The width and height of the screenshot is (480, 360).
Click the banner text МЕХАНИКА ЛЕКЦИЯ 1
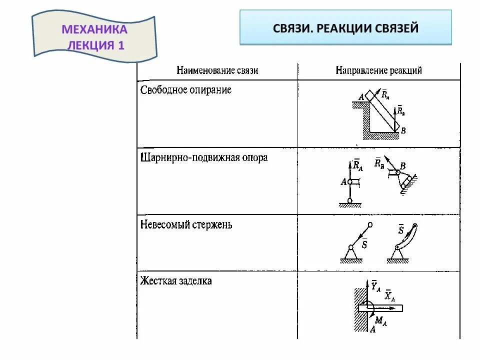pos(94,37)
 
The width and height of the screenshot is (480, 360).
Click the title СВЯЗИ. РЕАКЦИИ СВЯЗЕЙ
pos(345,28)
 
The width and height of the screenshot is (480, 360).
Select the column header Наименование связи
pos(217,70)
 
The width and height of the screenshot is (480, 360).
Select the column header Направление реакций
pos(378,70)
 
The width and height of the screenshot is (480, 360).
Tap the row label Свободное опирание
pos(185,90)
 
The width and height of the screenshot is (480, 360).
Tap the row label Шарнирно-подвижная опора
pos(204,157)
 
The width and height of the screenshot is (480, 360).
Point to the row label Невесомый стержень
pos(186,224)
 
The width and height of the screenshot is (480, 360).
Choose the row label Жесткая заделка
pos(176,281)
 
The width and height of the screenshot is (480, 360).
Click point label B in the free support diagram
pos(403,130)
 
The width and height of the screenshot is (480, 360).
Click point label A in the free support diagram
pos(360,98)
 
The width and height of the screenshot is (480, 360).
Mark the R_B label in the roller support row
pos(378,162)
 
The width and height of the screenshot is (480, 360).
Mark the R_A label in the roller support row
pos(357,165)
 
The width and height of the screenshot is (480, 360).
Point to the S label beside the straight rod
pos(364,244)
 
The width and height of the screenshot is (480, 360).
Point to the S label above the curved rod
pos(400,230)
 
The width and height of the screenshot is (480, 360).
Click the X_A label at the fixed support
pos(390,296)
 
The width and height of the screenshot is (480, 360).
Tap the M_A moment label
pos(380,321)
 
